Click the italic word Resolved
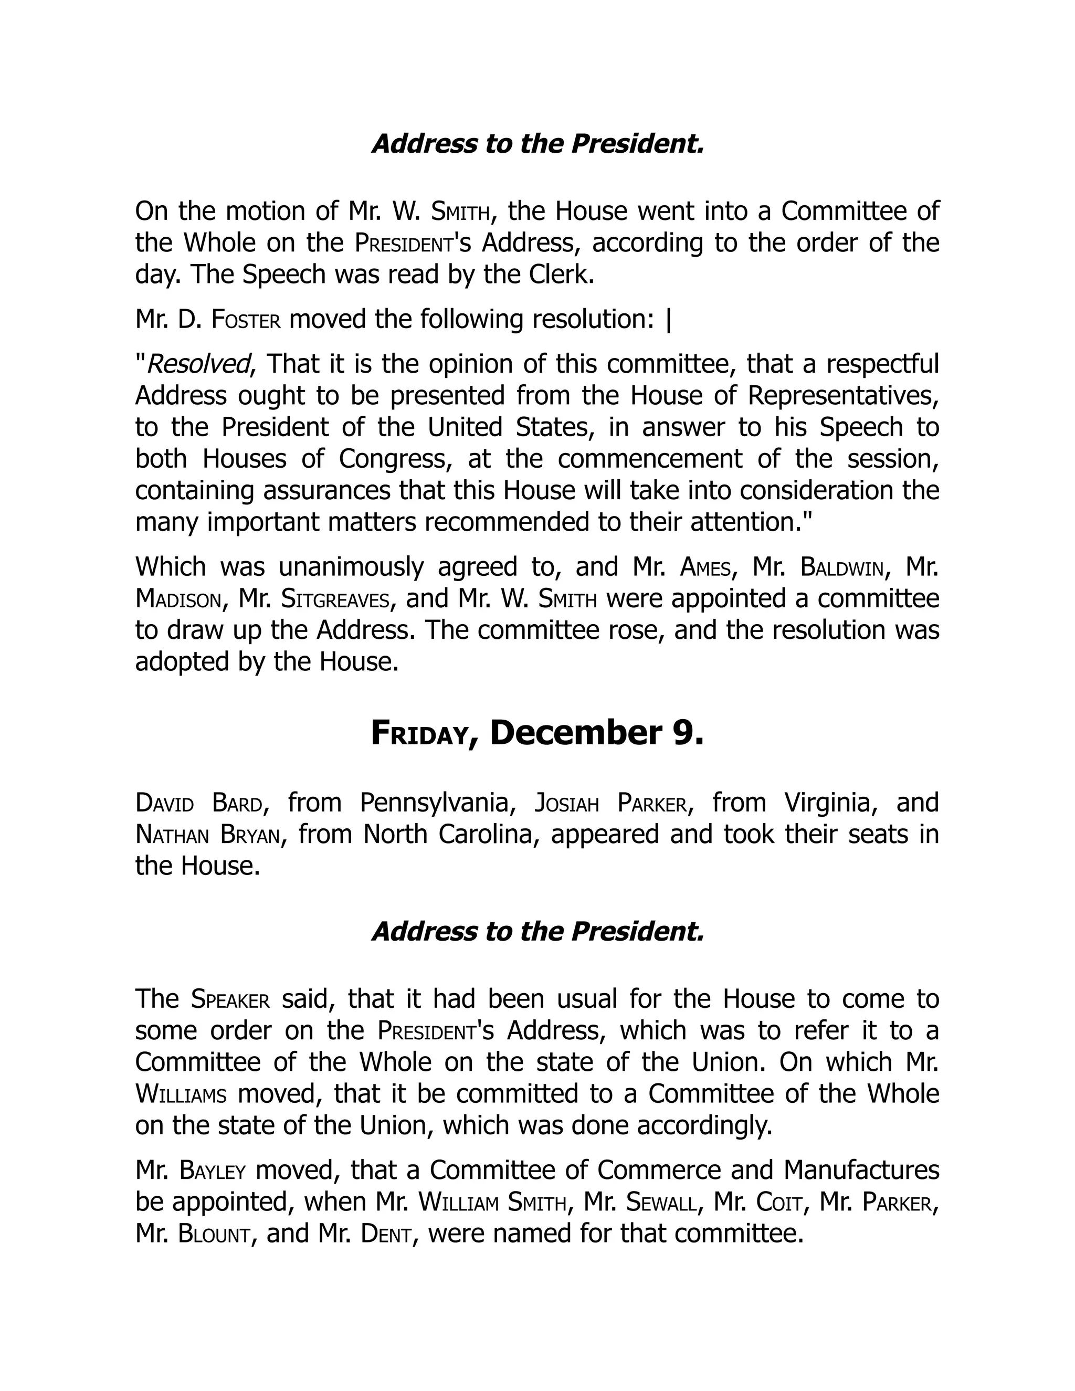point(198,364)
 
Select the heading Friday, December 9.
point(537,733)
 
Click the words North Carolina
point(447,835)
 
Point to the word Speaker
point(230,999)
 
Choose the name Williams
point(181,1095)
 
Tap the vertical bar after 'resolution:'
point(668,320)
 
